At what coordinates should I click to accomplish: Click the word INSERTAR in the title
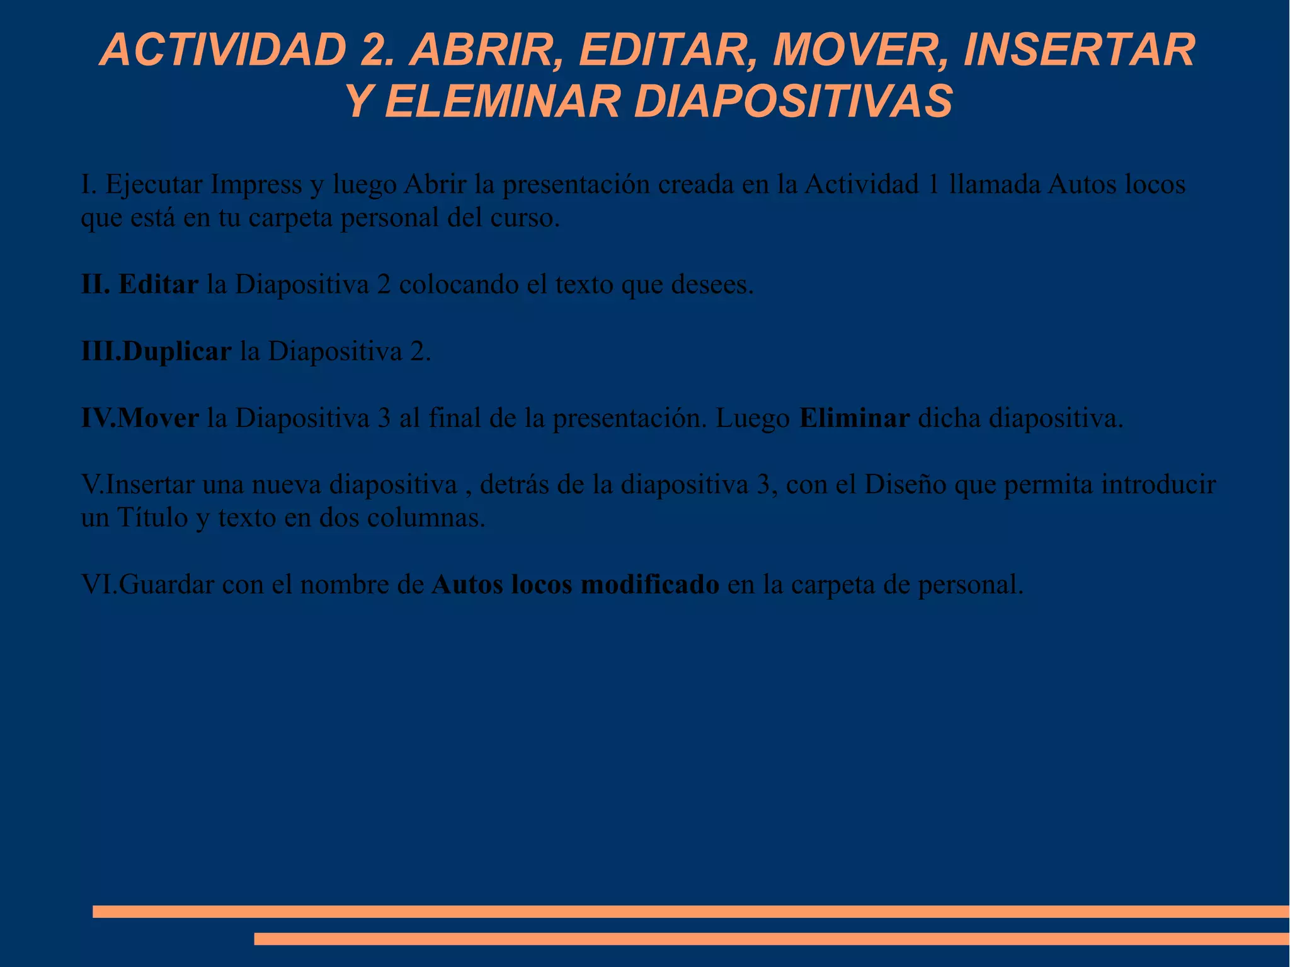point(1078,50)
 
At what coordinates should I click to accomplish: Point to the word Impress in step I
point(256,185)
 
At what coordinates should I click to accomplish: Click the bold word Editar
point(159,285)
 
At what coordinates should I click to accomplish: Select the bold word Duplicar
point(177,352)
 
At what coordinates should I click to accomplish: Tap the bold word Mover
point(158,418)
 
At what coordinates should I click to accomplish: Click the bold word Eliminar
point(854,418)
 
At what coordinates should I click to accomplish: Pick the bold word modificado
point(649,585)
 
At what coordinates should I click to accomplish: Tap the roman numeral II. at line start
point(96,285)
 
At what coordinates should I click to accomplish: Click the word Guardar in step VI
point(166,585)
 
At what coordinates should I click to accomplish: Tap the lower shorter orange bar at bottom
point(771,939)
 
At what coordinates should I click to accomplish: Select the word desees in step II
point(711,285)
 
